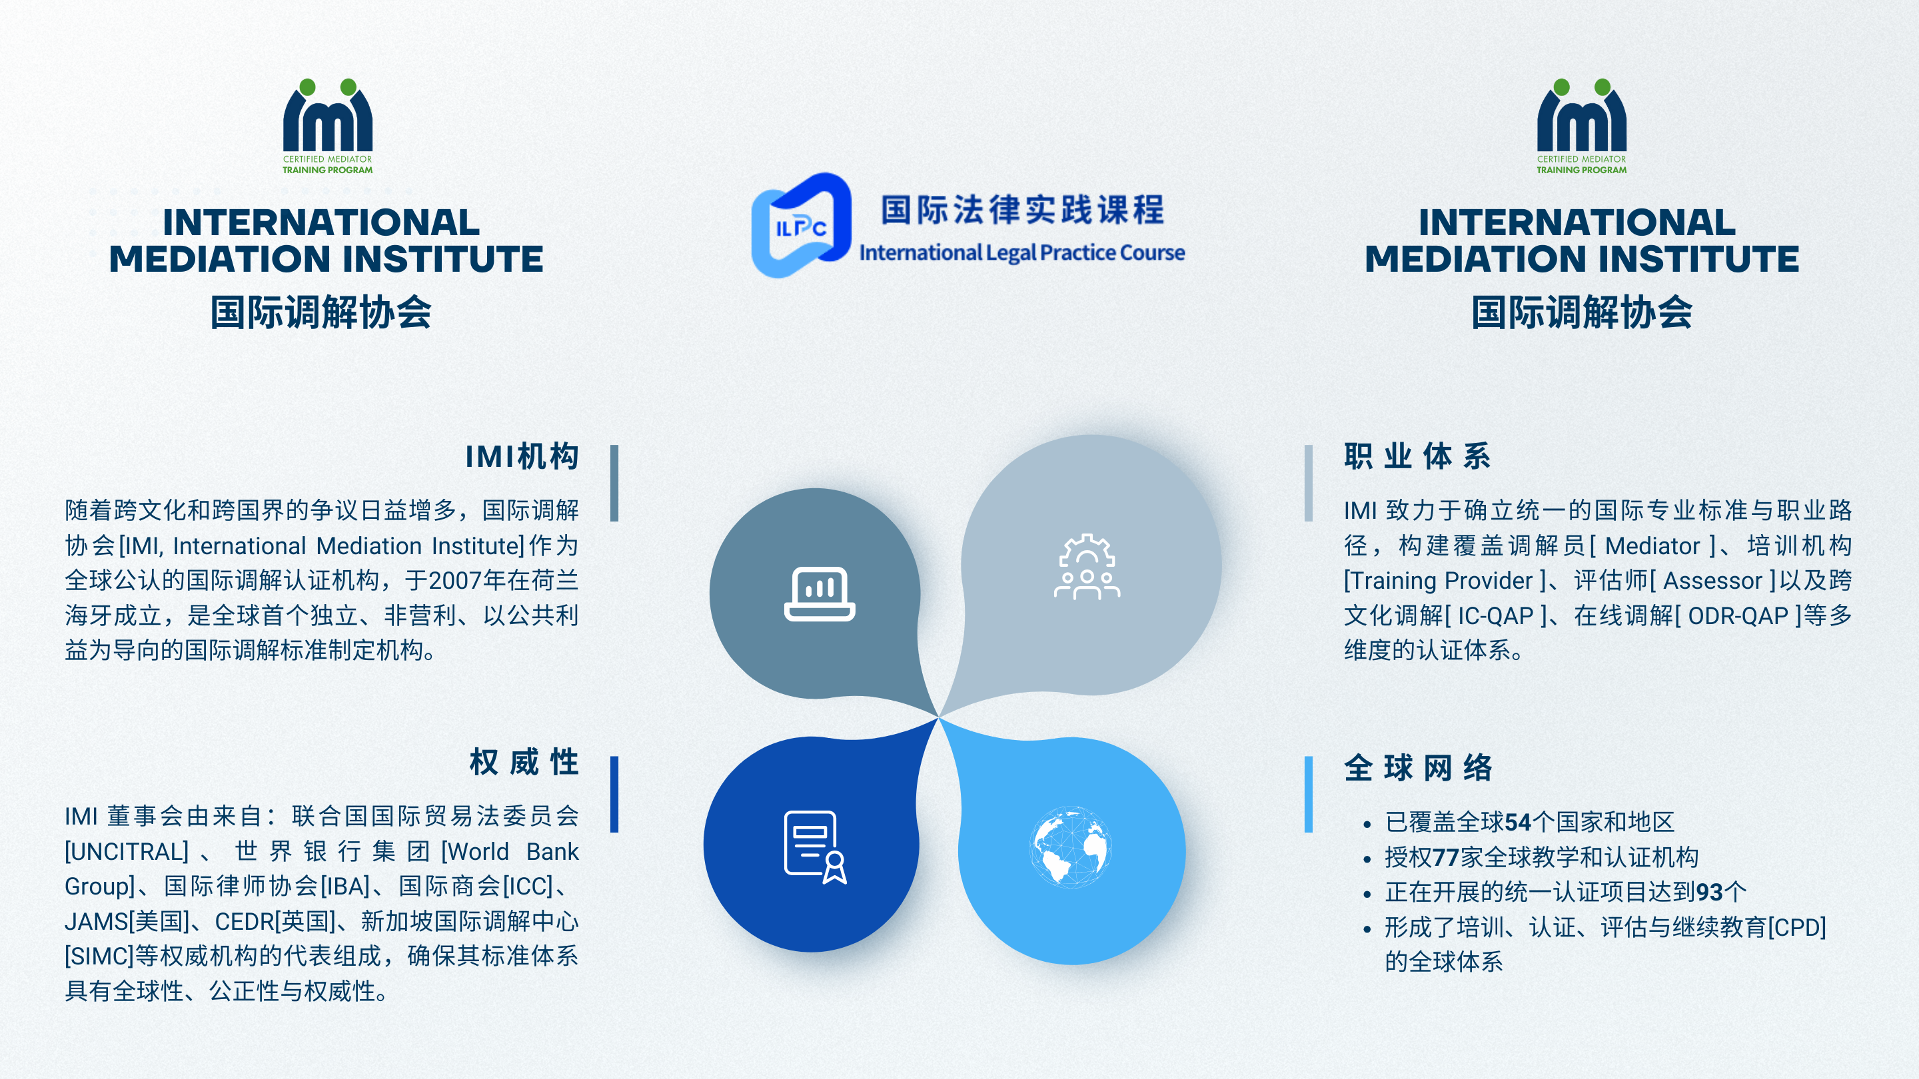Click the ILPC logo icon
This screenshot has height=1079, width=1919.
click(x=801, y=225)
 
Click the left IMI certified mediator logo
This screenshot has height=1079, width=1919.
click(x=328, y=127)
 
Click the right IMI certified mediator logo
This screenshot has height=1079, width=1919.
click(x=1582, y=127)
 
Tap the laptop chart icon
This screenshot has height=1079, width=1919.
click(x=820, y=593)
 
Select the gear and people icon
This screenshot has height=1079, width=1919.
click(x=1087, y=566)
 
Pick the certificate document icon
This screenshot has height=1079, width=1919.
click(x=816, y=847)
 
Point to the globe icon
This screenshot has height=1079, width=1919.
click(x=1071, y=847)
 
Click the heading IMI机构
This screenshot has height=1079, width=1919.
click(x=522, y=456)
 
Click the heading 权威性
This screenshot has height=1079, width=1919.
click(x=524, y=763)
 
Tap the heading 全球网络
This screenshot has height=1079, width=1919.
click(x=1419, y=768)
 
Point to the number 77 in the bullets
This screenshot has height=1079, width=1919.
click(x=1446, y=857)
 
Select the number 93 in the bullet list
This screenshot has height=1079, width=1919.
click(x=1710, y=892)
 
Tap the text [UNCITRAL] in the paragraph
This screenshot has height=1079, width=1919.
click(x=127, y=852)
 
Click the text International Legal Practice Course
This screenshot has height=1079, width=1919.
click(x=1022, y=253)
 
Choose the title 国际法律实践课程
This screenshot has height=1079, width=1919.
click(x=1023, y=210)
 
